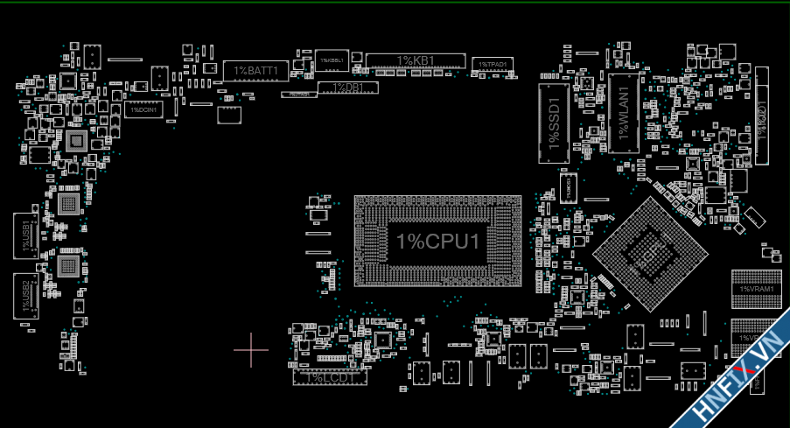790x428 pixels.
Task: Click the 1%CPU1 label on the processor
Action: tap(437, 242)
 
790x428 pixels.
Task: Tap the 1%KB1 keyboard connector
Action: tap(416, 60)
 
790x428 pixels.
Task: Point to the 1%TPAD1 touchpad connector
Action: tap(493, 65)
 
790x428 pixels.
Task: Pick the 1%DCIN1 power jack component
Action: tap(143, 109)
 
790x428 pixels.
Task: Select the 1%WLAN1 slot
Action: tap(624, 114)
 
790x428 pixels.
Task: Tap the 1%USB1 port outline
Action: tap(26, 235)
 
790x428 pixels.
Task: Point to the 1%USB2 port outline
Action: tap(26, 296)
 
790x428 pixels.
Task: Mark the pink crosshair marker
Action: tap(251, 350)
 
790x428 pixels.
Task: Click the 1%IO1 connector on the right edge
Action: tap(761, 114)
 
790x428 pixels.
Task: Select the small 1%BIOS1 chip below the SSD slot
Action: tap(569, 186)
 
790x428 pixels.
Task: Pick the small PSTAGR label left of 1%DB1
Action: tap(298, 95)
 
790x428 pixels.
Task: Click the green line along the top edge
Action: tap(394, 3)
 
